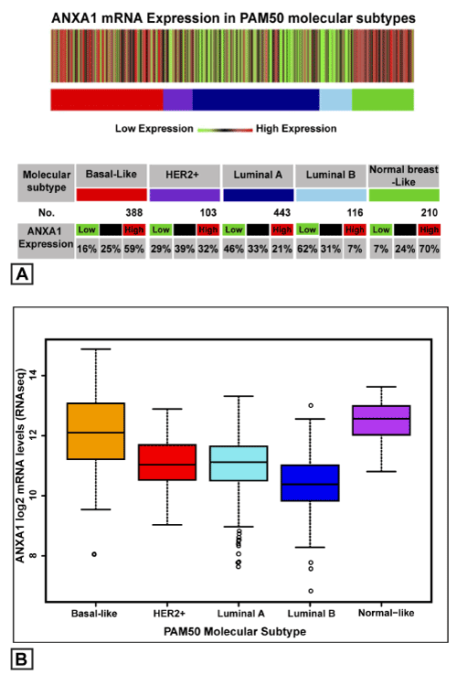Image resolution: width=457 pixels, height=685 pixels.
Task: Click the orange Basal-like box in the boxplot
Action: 96,431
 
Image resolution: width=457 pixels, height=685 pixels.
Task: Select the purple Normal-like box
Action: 381,421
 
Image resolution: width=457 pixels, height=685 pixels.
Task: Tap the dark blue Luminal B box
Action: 310,483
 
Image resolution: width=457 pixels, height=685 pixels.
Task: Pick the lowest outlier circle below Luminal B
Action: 311,591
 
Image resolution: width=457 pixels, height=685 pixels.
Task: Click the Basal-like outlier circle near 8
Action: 94,554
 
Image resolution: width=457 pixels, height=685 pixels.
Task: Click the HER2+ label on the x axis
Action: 169,614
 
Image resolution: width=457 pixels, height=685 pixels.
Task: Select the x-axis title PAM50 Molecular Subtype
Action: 235,632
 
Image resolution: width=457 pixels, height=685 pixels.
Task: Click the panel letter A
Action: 22,274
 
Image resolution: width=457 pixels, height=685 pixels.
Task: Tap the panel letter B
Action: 22,658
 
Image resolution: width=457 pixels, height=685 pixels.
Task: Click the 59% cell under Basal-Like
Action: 134,249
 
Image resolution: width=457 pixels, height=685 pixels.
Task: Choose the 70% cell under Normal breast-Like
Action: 429,249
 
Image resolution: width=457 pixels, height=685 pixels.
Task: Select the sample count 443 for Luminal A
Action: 282,213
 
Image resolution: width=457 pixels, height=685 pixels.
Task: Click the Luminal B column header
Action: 331,176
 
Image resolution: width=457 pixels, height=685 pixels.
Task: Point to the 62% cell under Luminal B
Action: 307,249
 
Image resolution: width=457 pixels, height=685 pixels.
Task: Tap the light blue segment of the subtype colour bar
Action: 335,100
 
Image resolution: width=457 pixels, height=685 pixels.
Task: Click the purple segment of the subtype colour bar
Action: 177,100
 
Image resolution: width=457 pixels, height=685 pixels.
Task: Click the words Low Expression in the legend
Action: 154,128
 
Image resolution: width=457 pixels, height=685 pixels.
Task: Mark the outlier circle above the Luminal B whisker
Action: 311,405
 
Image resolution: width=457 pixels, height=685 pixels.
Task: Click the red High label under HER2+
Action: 208,230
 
